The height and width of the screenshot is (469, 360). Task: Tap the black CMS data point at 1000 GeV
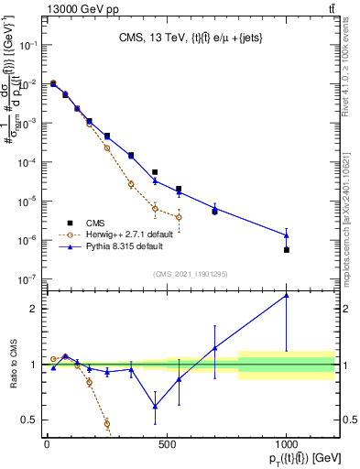[287, 250]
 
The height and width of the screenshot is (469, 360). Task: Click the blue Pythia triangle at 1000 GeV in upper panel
[287, 235]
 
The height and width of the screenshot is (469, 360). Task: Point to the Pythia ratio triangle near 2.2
[287, 295]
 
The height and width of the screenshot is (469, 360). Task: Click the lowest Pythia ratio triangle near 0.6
[155, 406]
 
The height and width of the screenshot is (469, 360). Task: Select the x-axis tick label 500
[167, 444]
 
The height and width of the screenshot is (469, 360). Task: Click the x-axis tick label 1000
[287, 444]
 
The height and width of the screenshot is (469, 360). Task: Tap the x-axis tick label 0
[47, 444]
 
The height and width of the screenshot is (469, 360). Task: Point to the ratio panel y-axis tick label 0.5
[29, 420]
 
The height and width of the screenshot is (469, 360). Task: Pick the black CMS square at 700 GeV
[214, 212]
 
